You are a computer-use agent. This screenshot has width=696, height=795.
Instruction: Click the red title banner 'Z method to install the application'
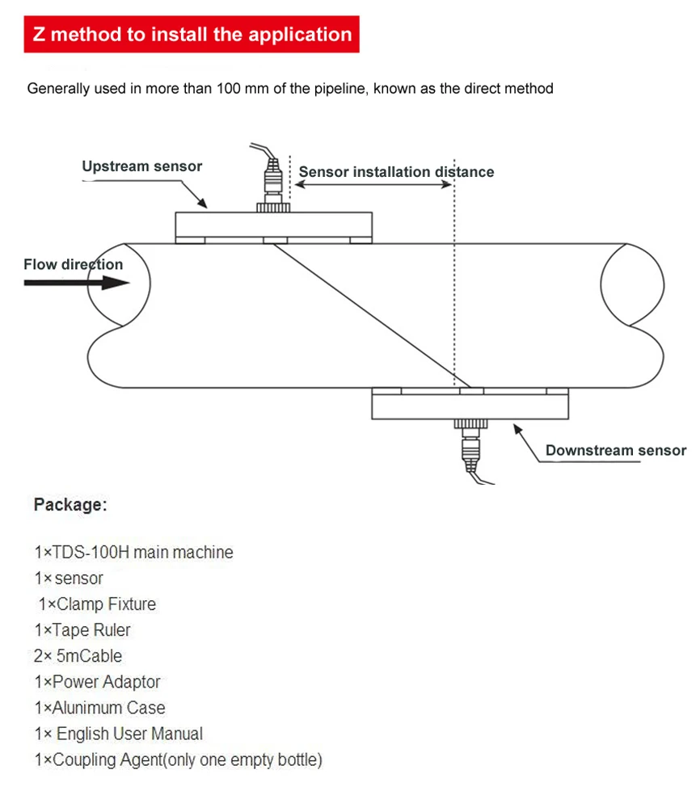(x=192, y=35)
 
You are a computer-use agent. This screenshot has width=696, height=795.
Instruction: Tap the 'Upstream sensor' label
(x=141, y=166)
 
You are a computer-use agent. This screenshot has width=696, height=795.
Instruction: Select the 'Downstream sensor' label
(x=615, y=451)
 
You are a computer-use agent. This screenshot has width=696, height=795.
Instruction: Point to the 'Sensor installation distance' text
(x=396, y=171)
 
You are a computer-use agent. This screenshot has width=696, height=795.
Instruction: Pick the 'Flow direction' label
(x=73, y=264)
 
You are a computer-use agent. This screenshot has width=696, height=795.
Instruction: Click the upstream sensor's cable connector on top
(x=274, y=183)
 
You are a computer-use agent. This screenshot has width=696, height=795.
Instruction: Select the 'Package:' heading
(x=70, y=505)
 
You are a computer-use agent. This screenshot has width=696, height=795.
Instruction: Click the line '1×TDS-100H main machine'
(x=133, y=553)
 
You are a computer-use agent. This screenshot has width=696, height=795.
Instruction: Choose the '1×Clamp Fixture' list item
(x=97, y=604)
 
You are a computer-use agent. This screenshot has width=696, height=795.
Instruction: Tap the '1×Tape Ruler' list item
(x=82, y=630)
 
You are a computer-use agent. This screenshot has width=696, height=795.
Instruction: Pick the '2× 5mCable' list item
(x=78, y=656)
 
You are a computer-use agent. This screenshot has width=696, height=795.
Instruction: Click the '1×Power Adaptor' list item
(x=98, y=682)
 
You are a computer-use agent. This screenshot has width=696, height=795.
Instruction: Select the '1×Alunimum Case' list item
(x=99, y=708)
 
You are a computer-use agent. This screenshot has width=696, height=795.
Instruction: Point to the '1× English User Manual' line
(x=118, y=734)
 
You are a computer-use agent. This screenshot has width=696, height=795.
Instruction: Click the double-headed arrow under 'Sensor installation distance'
(x=372, y=185)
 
